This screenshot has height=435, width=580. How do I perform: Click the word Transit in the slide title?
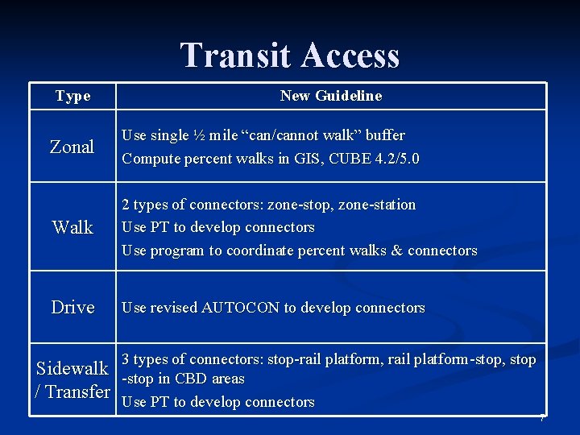pyautogui.click(x=236, y=56)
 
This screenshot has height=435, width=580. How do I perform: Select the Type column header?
pyautogui.click(x=72, y=97)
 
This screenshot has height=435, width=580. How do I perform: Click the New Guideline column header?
pyautogui.click(x=331, y=96)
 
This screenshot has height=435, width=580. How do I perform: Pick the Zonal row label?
pyautogui.click(x=72, y=147)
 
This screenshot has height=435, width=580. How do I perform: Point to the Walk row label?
pyautogui.click(x=72, y=228)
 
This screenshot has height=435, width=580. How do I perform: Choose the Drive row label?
pyautogui.click(x=72, y=308)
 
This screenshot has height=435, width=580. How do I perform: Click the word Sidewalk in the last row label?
pyautogui.click(x=72, y=369)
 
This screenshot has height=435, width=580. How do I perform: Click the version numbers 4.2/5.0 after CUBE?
pyautogui.click(x=391, y=159)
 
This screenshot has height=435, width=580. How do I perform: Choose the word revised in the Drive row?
pyautogui.click(x=173, y=308)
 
